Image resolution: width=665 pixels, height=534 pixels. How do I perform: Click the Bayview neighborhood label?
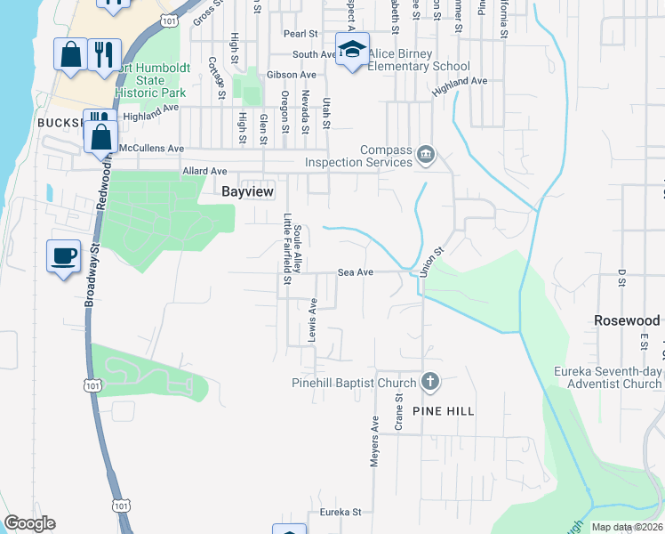[247, 191]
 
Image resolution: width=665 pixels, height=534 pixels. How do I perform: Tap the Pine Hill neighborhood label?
[443, 411]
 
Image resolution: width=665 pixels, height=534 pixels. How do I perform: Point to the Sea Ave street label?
[355, 273]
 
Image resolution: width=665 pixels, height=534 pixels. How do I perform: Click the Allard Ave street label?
[204, 171]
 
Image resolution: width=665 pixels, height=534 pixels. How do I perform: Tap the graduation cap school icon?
[352, 49]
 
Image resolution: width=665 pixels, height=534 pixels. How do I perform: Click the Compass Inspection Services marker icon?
[426, 156]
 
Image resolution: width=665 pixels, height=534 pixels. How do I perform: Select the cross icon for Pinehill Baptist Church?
[430, 383]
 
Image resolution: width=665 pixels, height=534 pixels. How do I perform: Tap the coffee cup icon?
[64, 256]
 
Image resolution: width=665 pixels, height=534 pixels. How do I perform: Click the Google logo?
[29, 523]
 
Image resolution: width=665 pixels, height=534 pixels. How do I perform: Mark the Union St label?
[431, 262]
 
